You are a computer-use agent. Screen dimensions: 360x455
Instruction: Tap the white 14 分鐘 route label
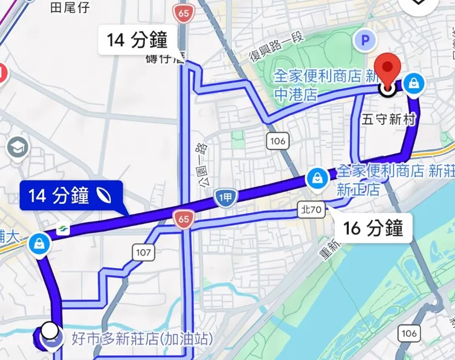(x=137, y=40)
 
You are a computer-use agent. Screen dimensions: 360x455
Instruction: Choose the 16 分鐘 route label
(x=373, y=228)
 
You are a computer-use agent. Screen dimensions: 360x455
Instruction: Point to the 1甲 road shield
(x=225, y=197)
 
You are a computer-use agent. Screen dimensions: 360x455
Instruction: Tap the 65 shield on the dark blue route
(x=183, y=220)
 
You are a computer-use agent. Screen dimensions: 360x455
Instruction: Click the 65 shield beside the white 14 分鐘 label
(x=182, y=12)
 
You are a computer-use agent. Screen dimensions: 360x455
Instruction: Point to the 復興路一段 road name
(x=276, y=46)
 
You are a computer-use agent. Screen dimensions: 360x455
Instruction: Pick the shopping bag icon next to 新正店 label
(x=317, y=178)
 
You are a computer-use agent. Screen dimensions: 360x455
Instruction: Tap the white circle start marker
(x=51, y=331)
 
